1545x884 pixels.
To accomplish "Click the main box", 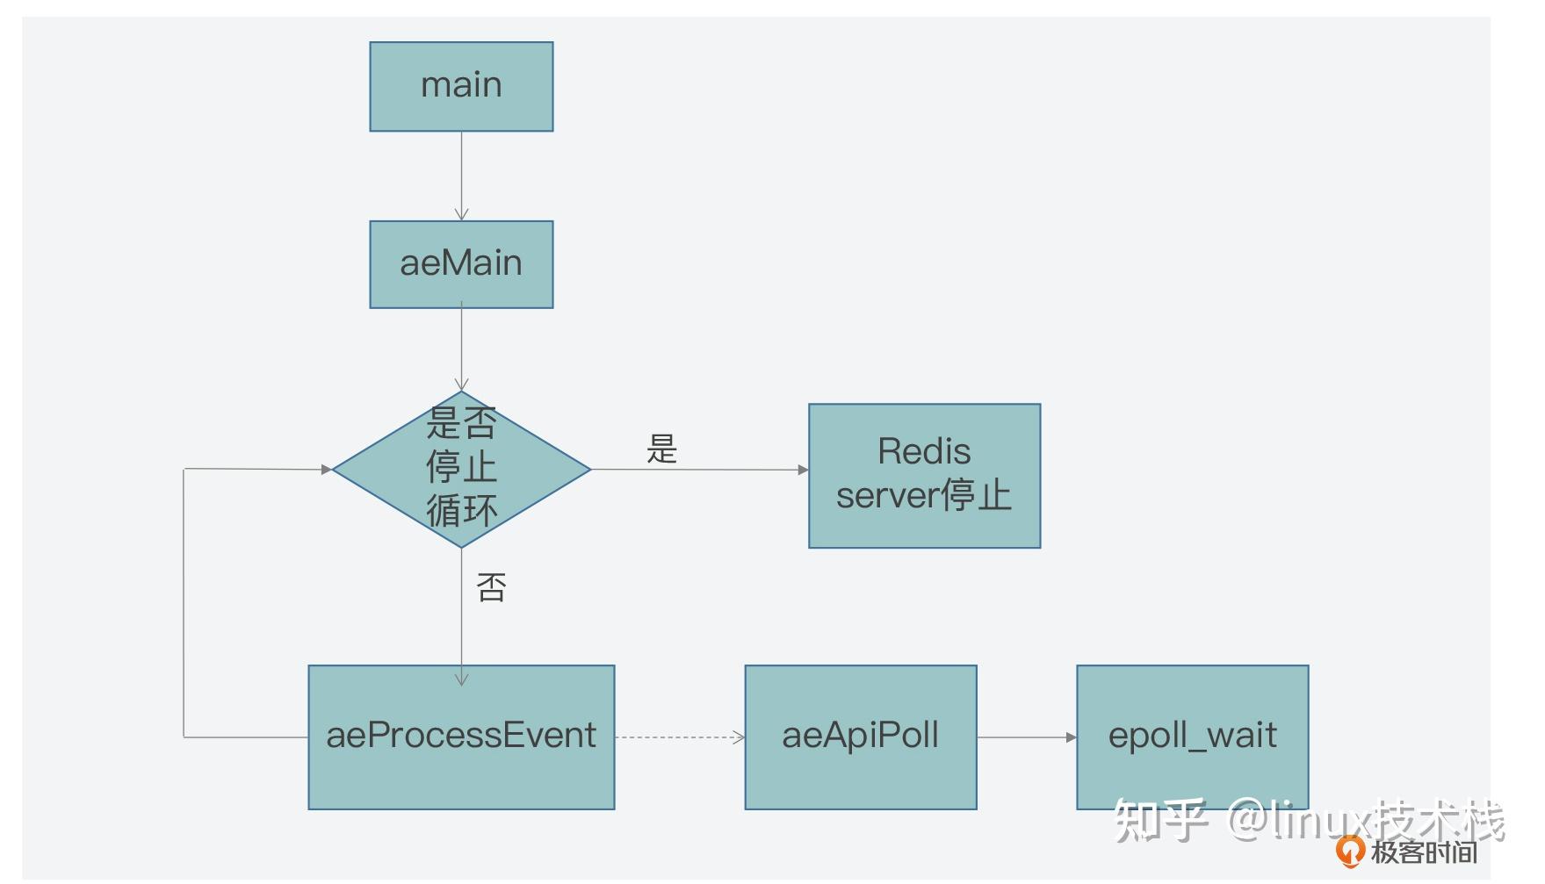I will click(x=461, y=86).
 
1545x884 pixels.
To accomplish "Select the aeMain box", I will click(x=461, y=263).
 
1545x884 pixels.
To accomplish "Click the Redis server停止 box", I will click(x=924, y=475).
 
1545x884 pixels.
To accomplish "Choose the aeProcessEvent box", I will click(x=461, y=737).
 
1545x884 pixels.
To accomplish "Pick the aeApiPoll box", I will click(x=861, y=737).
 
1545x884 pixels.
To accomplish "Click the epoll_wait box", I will click(x=1192, y=737).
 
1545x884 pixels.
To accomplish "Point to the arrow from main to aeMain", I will click(x=461, y=176).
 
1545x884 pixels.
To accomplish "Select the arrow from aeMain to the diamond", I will click(x=461, y=348).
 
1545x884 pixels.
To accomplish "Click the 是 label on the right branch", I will click(x=661, y=449).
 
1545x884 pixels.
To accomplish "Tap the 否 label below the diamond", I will click(x=491, y=587).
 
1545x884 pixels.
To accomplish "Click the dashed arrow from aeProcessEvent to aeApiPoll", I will click(x=678, y=737).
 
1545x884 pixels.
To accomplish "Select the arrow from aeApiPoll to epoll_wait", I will click(x=1026, y=737).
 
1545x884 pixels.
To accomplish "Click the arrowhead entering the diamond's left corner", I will click(x=327, y=470).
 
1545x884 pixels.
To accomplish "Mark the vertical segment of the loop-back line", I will click(x=184, y=606).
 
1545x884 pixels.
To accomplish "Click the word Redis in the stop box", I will click(x=924, y=452).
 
